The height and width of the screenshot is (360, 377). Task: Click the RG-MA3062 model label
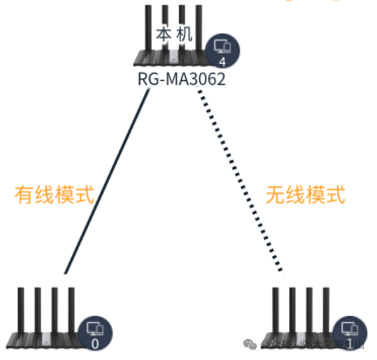pyautogui.click(x=181, y=81)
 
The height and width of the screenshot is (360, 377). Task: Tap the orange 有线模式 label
pyautogui.click(x=55, y=194)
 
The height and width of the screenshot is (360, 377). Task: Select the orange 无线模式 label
pyautogui.click(x=306, y=194)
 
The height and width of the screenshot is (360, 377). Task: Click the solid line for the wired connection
pyautogui.click(x=106, y=182)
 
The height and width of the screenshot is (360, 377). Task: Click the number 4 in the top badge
pyautogui.click(x=222, y=62)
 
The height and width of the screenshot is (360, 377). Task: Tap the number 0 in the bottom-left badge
pyautogui.click(x=95, y=344)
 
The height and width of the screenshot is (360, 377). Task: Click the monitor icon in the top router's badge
pyautogui.click(x=222, y=47)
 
